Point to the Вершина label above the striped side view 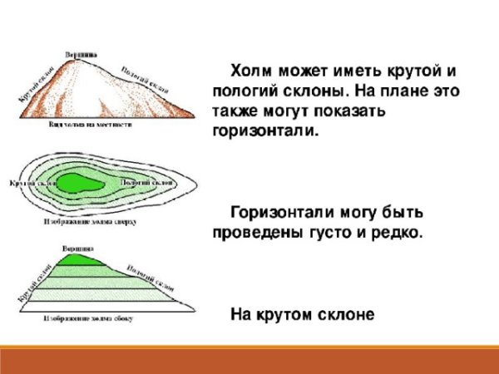coord(77,248)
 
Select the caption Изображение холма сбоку coord(91,318)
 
